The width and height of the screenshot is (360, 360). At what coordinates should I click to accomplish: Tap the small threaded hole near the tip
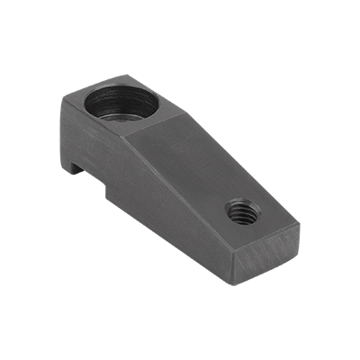click(x=242, y=212)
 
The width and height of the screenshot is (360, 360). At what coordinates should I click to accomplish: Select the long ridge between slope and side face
click(x=180, y=190)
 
